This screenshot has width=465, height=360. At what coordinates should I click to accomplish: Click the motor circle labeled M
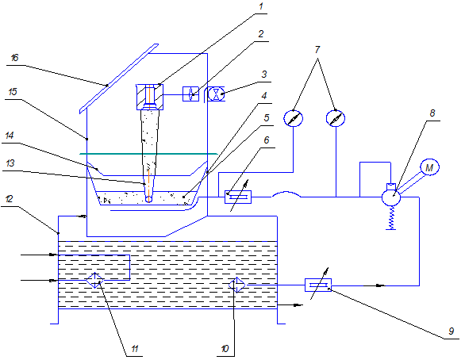coord(429,167)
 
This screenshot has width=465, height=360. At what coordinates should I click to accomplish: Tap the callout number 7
coord(317,49)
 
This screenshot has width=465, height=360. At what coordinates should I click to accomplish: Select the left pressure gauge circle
coord(294,118)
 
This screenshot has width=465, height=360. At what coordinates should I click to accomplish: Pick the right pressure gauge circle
coord(336,118)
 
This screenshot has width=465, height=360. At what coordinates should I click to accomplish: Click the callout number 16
coord(14,57)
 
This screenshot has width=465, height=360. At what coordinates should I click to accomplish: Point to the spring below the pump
coord(391,218)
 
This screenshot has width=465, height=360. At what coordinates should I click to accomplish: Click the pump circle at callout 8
coord(391,197)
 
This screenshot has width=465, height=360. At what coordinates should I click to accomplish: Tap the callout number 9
coord(452,331)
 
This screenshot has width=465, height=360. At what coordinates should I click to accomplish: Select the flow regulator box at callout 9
coord(318,285)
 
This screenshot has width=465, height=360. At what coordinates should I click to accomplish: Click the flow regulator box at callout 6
coord(238,197)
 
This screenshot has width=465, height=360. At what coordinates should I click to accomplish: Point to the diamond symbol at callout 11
coord(95,280)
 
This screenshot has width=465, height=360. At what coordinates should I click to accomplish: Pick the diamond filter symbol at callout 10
coord(237,285)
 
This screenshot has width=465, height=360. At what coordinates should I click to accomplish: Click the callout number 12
coord(10,199)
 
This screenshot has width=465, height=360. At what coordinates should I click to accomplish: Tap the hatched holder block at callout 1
coord(150,98)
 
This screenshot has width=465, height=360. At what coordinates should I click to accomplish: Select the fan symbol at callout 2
coord(190,94)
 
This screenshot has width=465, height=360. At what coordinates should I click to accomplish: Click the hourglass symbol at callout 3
coord(216,94)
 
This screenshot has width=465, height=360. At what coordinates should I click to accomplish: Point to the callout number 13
coord(10,163)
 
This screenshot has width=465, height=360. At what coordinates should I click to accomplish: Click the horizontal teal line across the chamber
coord(149,154)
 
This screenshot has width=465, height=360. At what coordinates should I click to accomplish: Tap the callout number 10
coord(225,349)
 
